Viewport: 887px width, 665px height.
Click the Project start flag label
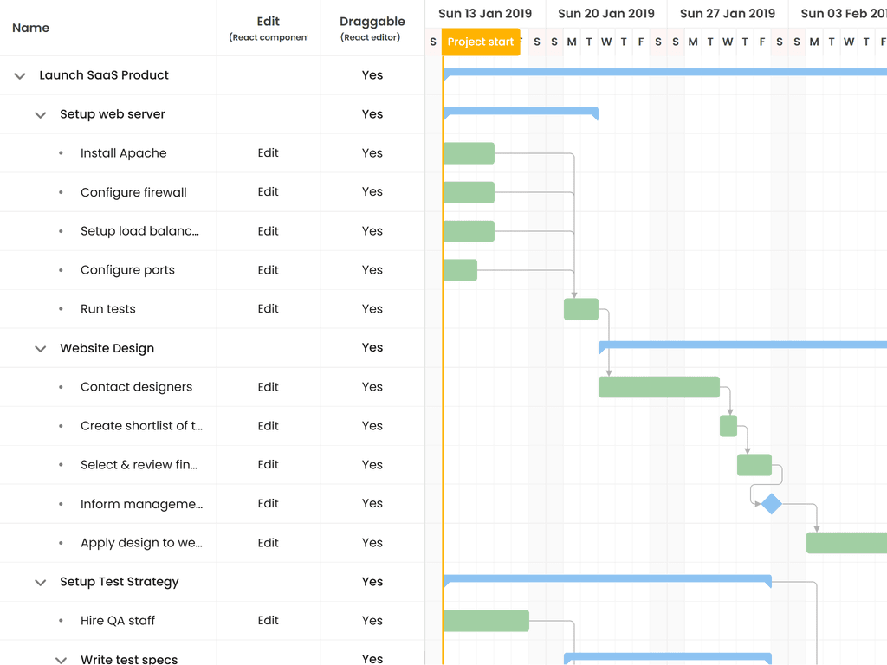coord(481,42)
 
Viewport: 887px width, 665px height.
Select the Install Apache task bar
coord(469,153)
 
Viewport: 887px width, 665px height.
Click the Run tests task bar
coord(581,309)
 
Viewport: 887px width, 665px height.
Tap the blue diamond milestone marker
coord(771,504)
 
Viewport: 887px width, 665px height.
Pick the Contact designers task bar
coord(659,387)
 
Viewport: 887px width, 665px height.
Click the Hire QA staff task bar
coord(486,621)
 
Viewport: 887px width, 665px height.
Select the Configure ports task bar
coord(460,270)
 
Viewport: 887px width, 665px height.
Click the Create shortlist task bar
coord(728,426)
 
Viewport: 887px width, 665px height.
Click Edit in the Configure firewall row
coord(269,192)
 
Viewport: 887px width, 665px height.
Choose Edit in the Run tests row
coord(269,309)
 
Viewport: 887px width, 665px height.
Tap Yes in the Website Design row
coord(372,348)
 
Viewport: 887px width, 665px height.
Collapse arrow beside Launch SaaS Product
coord(20,76)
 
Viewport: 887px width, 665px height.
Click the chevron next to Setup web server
coord(40,115)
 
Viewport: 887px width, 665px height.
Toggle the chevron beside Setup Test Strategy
coord(40,583)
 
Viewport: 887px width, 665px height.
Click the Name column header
coord(31,28)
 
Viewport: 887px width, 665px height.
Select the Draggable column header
coord(372,22)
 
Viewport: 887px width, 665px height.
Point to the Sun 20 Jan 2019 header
coord(606,14)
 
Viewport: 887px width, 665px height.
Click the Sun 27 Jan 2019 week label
coord(728,14)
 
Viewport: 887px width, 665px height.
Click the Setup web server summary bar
coord(520,111)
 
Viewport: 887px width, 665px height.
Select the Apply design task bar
coord(846,543)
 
